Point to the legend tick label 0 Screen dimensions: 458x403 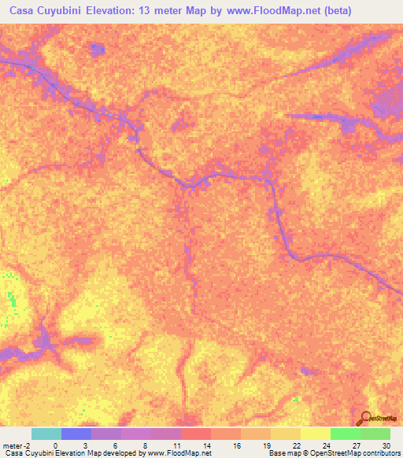[x=55, y=445]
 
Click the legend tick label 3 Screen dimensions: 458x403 [x=85, y=445]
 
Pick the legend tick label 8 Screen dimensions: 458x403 [x=145, y=445]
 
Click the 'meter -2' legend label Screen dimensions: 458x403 [x=17, y=445]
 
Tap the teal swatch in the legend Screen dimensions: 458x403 [x=46, y=434]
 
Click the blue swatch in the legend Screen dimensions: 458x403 [x=76, y=434]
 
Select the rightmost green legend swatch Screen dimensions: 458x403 [x=375, y=434]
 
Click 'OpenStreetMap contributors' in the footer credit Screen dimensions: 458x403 [x=362, y=454]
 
